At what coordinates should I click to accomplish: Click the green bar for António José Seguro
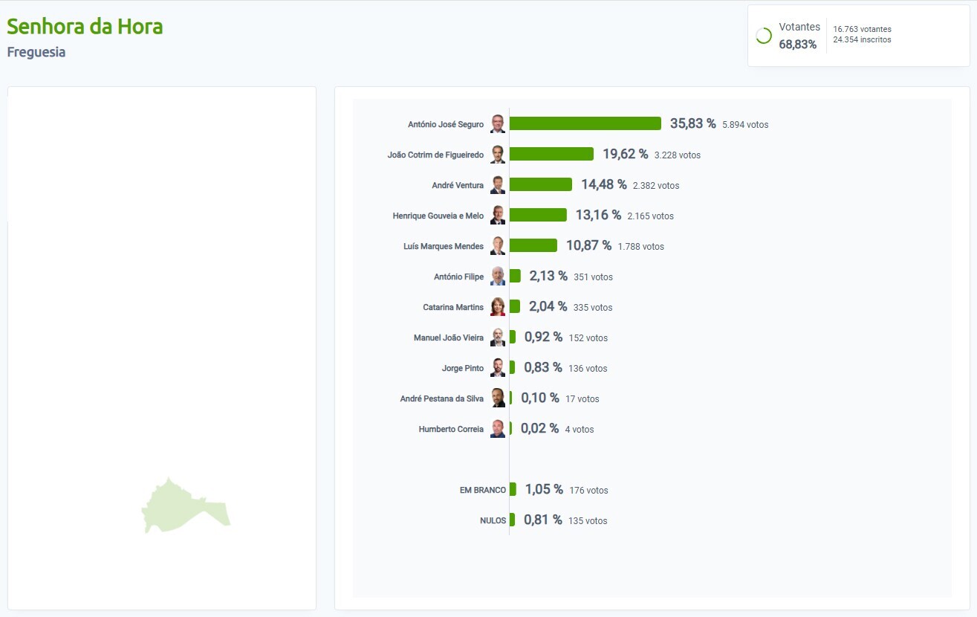[x=585, y=123]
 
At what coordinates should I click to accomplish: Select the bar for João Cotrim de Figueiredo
[x=551, y=154]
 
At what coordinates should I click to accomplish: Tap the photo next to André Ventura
[x=498, y=185]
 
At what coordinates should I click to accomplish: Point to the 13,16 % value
[x=597, y=215]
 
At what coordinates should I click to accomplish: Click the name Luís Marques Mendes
[x=443, y=246]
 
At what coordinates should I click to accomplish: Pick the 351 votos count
[x=593, y=277]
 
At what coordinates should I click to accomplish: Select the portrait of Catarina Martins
[x=498, y=307]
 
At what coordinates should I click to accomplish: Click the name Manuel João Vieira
[x=448, y=337]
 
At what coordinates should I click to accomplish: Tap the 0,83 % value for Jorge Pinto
[x=543, y=367]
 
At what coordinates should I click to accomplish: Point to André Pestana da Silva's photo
[x=498, y=398]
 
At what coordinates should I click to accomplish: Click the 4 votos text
[x=579, y=429]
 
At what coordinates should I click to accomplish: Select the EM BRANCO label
[x=483, y=490]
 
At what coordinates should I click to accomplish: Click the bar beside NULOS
[x=512, y=520]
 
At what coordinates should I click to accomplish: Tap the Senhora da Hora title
[x=85, y=26]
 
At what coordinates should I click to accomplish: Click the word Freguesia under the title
[x=36, y=52]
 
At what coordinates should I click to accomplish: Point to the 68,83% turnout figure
[x=797, y=45]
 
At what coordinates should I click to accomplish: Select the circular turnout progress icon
[x=763, y=36]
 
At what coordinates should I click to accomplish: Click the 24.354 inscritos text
[x=862, y=39]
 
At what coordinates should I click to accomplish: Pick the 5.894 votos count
[x=745, y=124]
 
